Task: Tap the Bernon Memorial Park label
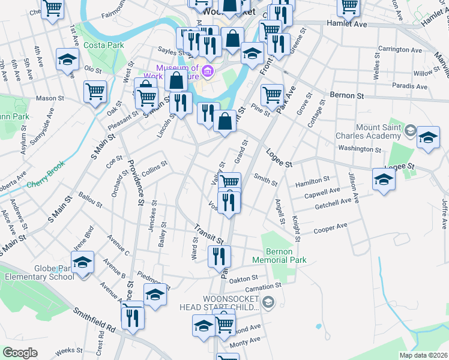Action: pos(280,256)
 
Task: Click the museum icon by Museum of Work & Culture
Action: pos(208,72)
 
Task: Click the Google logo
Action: pos(20,353)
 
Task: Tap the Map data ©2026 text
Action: pos(423,355)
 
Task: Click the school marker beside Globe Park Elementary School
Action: pos(83,262)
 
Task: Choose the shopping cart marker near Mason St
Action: pos(95,92)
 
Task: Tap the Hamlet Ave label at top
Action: pos(346,23)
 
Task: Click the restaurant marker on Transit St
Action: pos(219,256)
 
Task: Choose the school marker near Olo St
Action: pos(68,60)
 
